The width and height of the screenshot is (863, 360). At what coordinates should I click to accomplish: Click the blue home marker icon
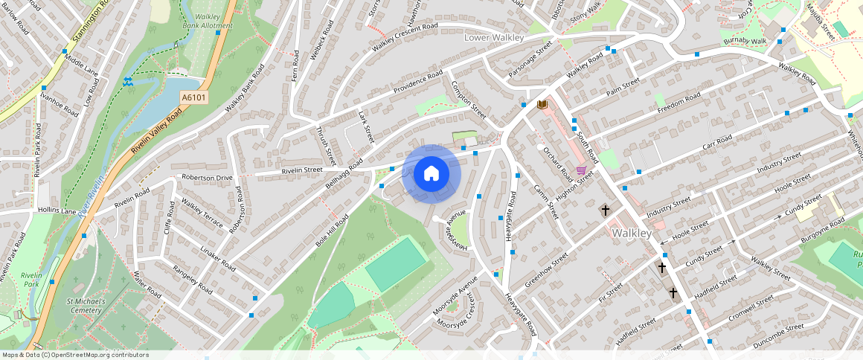tap(431, 174)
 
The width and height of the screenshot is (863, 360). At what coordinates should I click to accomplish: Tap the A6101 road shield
tap(193, 97)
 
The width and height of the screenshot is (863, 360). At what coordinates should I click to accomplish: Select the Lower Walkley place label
tap(494, 37)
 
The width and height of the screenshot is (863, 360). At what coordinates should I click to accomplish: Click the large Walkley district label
tap(631, 233)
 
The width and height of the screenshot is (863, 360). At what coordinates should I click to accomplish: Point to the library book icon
tap(542, 105)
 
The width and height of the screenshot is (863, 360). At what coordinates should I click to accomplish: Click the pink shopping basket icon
tap(581, 170)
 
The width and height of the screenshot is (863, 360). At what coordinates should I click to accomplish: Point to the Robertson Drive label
tap(207, 179)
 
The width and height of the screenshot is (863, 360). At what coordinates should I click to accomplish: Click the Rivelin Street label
tap(302, 170)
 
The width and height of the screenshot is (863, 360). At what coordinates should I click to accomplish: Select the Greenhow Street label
tap(546, 270)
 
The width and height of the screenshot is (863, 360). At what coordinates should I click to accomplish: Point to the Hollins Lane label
tap(57, 211)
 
